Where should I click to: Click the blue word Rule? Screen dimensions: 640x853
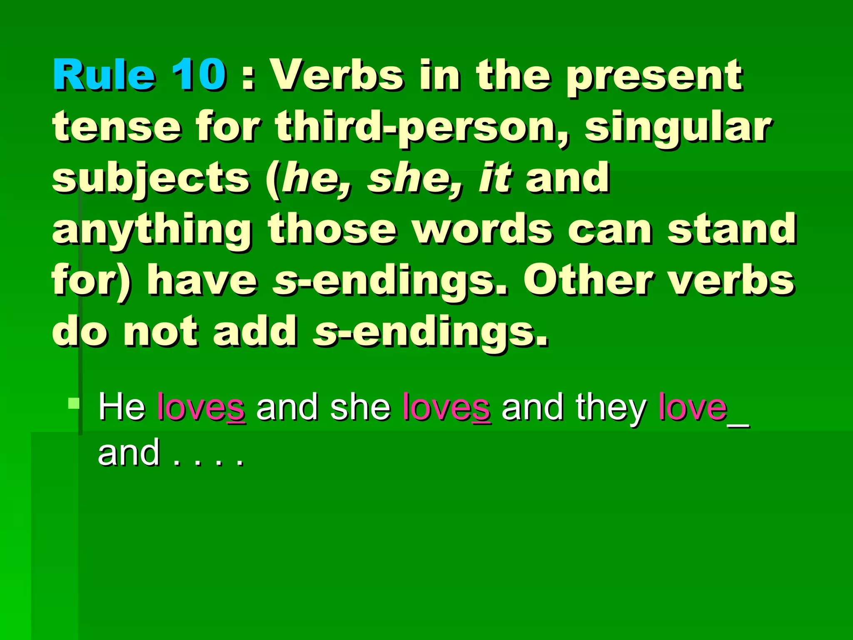click(x=104, y=75)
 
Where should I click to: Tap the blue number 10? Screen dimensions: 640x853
click(x=199, y=75)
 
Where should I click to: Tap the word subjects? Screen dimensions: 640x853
click(x=151, y=179)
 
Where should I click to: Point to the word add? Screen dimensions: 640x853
click(x=255, y=331)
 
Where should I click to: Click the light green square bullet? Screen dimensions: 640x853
click(x=74, y=403)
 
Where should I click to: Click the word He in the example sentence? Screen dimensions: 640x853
click(x=122, y=407)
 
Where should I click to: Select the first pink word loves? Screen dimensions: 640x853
click(x=201, y=407)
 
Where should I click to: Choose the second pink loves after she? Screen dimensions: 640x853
click(x=446, y=407)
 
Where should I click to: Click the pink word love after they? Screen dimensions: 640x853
click(x=692, y=407)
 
